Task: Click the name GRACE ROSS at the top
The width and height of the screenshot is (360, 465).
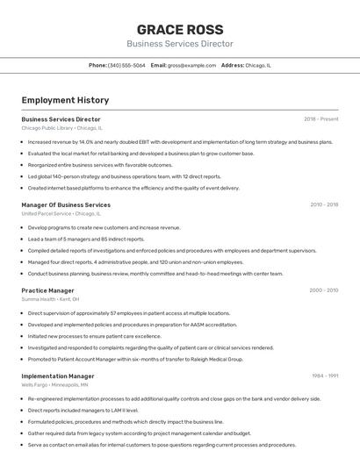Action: coord(179,29)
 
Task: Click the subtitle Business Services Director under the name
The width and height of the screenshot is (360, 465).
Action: coord(179,44)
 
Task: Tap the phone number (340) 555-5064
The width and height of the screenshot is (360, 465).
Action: coord(126,65)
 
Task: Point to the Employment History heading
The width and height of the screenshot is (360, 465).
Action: coord(65,100)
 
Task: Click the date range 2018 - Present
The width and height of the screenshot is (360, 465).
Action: coord(320,118)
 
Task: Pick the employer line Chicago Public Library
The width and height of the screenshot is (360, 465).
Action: coord(61,128)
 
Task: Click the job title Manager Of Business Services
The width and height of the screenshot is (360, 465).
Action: coord(66,204)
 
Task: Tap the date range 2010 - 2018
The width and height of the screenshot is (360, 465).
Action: coord(323,204)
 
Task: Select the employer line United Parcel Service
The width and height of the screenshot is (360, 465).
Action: coord(61,214)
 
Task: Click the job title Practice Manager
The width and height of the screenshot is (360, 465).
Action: coord(47,290)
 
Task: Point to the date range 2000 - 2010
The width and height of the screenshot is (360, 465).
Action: coord(323,290)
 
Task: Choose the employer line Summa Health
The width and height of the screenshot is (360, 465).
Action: coord(50,300)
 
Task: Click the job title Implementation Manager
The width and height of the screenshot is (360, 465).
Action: coord(57,376)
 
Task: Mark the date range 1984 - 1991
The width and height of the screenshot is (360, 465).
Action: coord(324,376)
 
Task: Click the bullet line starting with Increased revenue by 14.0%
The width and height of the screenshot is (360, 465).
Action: coord(180,141)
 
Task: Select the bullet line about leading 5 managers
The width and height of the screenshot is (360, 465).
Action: coord(86,239)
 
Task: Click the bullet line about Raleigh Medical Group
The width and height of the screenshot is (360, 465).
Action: coord(135,359)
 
